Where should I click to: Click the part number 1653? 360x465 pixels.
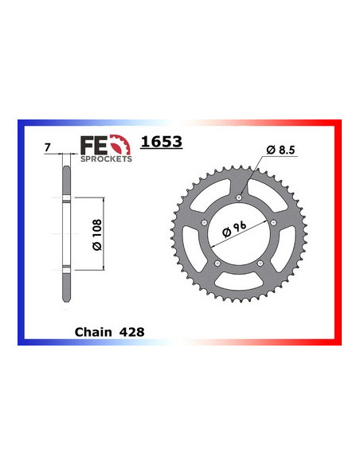(x=162, y=143)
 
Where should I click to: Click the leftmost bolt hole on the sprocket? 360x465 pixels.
(x=205, y=221)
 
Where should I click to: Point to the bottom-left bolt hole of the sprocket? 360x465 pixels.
(x=218, y=264)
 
